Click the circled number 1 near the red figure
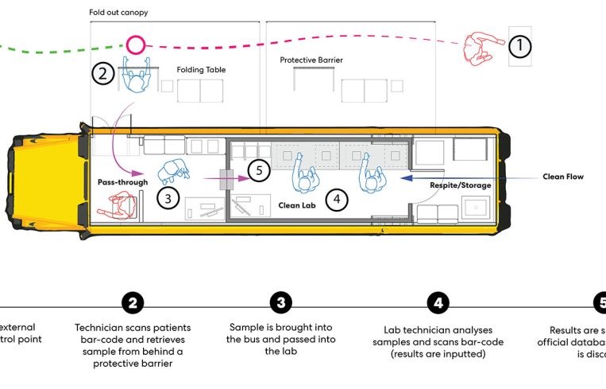pos(519,46)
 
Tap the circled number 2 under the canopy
pos(103,74)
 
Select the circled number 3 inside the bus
pos(166,197)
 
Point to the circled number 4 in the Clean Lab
pos(337,199)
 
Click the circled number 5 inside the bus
pos(258,169)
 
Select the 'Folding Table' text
pos(201,70)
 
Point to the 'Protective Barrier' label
pos(312,60)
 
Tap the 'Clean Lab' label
pos(298,204)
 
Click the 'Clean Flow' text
pos(563,177)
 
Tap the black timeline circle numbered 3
pos(280,303)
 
